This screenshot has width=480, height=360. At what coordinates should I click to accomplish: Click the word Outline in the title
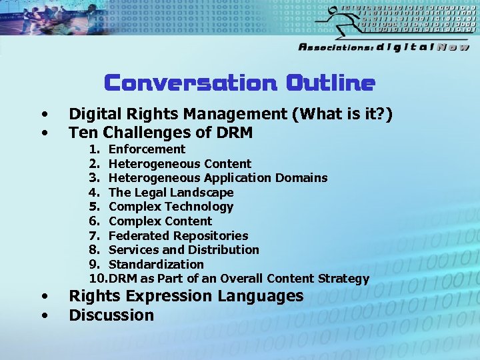[331, 83]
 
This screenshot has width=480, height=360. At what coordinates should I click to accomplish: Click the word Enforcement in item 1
[147, 149]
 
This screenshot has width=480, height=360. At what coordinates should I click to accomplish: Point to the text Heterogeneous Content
[180, 164]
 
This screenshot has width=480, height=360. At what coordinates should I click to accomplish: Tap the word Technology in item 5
[200, 207]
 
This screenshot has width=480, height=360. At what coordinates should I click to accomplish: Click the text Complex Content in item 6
[160, 221]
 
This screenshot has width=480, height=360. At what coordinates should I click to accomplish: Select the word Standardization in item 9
[156, 265]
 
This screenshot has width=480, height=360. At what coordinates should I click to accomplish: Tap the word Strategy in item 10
[343, 279]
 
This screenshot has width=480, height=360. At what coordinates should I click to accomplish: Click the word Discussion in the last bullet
[111, 315]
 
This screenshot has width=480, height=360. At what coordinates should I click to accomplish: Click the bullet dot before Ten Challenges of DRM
[44, 133]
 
